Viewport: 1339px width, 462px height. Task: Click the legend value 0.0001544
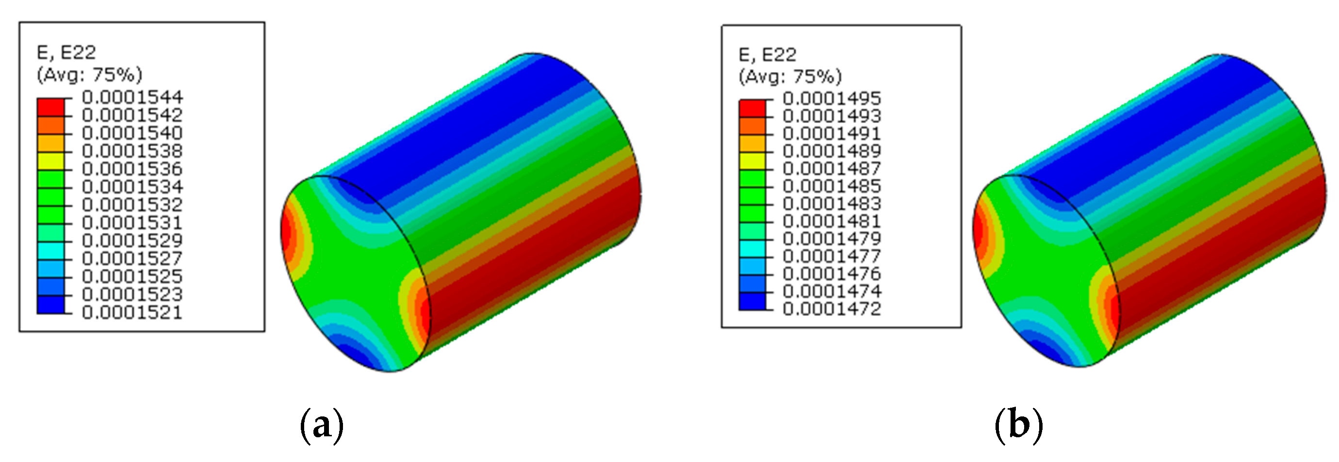tap(132, 97)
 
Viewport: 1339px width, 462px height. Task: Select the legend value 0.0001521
tap(132, 313)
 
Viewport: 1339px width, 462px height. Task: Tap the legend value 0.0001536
tap(132, 169)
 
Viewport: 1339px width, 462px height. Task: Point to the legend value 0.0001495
tap(832, 99)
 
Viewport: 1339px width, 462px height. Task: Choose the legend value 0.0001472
tap(832, 309)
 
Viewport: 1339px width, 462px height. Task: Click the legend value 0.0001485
tap(832, 186)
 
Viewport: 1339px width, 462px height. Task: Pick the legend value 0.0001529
tap(132, 240)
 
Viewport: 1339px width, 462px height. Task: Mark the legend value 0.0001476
tap(832, 274)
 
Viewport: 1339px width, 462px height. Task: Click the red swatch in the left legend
tap(50, 107)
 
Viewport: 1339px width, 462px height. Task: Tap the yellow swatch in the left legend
tap(50, 161)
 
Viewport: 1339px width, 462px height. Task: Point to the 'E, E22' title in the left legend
tap(66, 52)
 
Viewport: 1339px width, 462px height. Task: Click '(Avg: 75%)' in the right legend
tap(790, 77)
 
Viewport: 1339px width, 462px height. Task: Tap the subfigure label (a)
tap(322, 425)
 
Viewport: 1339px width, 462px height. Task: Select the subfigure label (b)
tap(1018, 425)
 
